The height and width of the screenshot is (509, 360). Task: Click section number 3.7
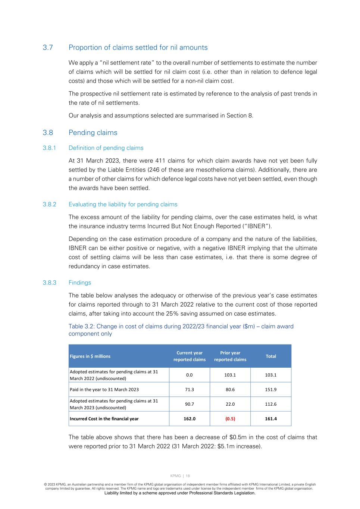point(48,48)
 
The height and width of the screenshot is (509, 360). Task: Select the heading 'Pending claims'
point(93,133)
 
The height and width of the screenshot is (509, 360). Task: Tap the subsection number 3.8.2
point(49,204)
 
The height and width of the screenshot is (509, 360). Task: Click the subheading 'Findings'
point(79,283)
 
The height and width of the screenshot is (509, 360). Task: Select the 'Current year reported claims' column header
point(190,356)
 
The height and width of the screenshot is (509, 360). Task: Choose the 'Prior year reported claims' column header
point(230,356)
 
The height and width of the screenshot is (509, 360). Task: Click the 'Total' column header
point(271,356)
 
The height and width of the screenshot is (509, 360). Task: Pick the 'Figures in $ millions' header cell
point(90,356)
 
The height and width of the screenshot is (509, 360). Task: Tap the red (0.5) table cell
point(230,419)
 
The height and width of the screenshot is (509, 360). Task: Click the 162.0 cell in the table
point(190,419)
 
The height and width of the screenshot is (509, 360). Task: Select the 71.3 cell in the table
point(190,390)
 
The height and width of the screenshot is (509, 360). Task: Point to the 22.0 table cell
point(230,404)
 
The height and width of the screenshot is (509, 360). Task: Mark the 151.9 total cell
point(271,390)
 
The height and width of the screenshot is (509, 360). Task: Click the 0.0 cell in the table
point(190,375)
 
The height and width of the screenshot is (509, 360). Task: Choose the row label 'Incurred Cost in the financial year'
point(104,419)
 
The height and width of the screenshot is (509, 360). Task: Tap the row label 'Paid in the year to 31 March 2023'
point(104,390)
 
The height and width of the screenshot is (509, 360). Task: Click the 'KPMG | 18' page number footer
point(180,476)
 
